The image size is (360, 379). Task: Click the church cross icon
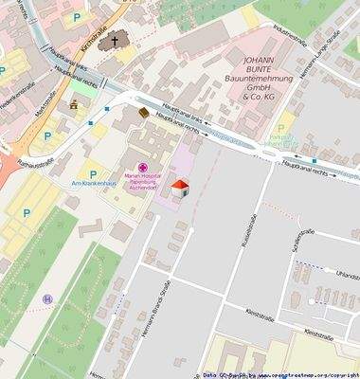click(x=116, y=41)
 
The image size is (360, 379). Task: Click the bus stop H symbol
click(x=47, y=299)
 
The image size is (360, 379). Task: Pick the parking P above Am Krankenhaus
click(x=93, y=172)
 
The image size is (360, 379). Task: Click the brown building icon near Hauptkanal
click(x=145, y=113)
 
